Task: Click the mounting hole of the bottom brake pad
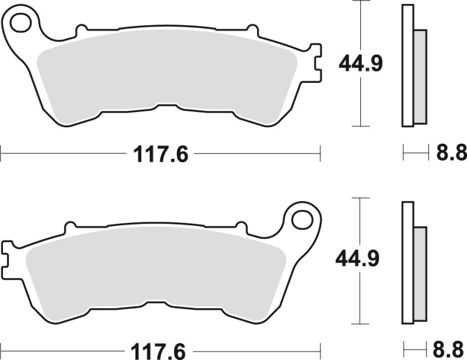(302, 219)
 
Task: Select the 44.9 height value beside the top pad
(361, 63)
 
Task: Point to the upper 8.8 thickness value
(451, 153)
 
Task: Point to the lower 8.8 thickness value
(451, 352)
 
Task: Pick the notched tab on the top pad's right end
(315, 63)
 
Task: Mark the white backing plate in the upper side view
(407, 64)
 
